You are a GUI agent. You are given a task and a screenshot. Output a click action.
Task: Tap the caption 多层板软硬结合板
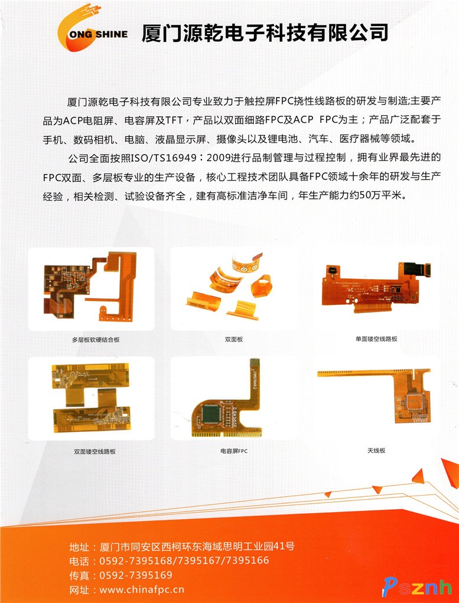coord(96,340)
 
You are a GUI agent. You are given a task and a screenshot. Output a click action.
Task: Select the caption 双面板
coord(234,340)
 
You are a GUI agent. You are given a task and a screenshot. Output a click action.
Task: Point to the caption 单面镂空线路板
coord(376,339)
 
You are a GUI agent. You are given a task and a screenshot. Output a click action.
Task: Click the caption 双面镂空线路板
coord(95,451)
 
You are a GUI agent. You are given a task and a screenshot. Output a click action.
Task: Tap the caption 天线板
coord(376,450)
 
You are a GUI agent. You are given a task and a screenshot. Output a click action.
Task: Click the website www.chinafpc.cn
coord(142,590)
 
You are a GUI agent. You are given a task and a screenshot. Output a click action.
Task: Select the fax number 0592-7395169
coord(136,575)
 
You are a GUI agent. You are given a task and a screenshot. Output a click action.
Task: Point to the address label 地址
coord(79,546)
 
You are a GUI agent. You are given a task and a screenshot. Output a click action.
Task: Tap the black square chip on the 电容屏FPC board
coord(211,414)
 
